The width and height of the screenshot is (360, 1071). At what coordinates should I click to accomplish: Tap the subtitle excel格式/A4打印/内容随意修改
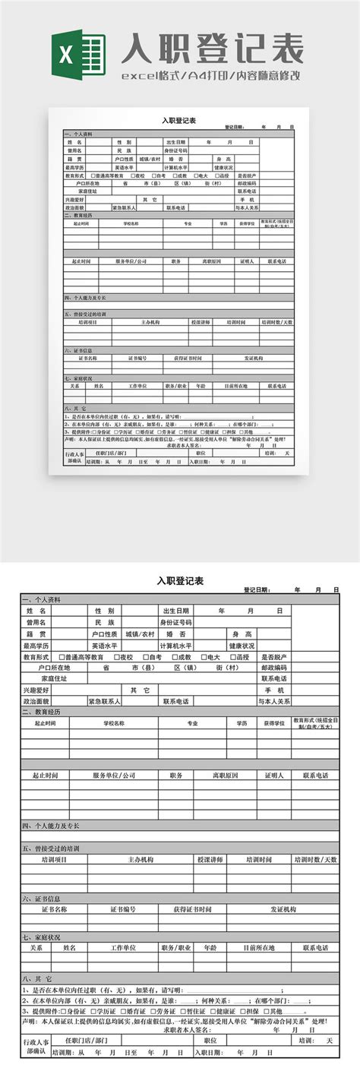coord(213,76)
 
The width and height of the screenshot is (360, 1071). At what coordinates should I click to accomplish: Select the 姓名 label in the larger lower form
coord(36,611)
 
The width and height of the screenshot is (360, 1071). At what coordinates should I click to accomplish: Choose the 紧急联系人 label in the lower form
coord(105,702)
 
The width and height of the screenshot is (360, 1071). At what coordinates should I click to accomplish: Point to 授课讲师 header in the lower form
coord(210,859)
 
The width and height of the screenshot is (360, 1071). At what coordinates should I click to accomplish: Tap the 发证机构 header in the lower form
coord(283,908)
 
